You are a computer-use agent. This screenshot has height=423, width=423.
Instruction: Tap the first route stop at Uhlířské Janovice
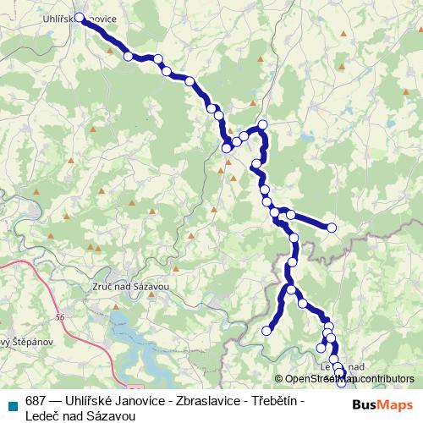click(x=80, y=17)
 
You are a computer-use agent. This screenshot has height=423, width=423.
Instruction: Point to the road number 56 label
click(x=58, y=317)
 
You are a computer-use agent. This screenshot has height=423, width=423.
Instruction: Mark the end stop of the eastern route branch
click(x=332, y=228)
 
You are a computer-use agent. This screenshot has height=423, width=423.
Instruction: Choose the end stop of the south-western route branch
click(x=267, y=330)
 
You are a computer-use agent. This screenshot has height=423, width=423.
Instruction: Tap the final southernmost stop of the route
click(x=341, y=384)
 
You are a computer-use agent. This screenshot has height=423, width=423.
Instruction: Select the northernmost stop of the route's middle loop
click(x=262, y=125)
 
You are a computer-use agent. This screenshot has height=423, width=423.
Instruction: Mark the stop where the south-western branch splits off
click(x=291, y=290)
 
